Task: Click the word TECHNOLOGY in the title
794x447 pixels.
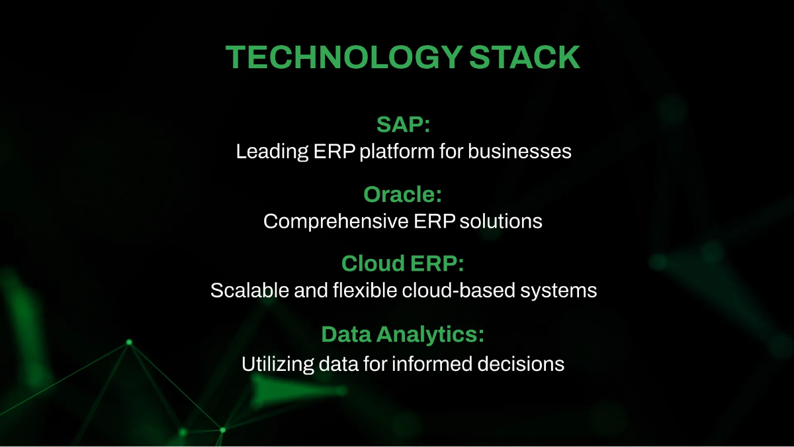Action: (x=342, y=58)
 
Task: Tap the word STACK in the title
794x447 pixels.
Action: (x=525, y=58)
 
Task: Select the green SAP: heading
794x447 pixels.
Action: (x=404, y=124)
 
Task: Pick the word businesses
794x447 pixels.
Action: (x=519, y=152)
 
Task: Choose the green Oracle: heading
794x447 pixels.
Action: (x=402, y=194)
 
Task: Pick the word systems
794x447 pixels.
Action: (x=564, y=291)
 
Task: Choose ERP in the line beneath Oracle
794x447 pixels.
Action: (x=435, y=221)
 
